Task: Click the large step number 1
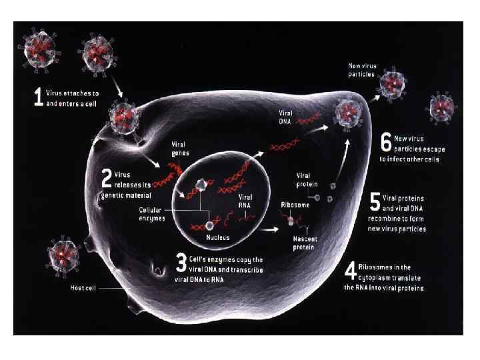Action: click(38, 98)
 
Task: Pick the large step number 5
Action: click(375, 201)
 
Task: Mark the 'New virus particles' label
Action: click(363, 69)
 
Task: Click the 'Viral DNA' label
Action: click(285, 117)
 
